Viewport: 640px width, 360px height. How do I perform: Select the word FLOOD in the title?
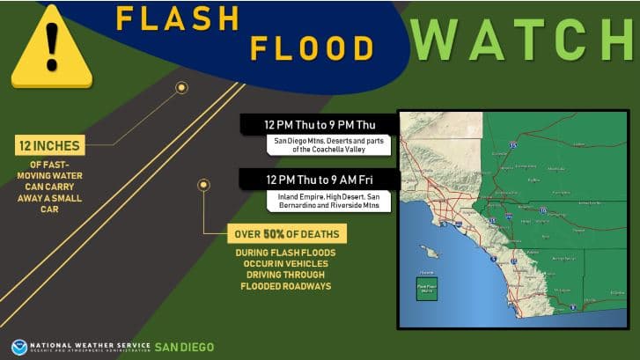[x=305, y=48]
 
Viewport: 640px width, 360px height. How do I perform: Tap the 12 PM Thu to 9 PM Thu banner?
[x=320, y=125]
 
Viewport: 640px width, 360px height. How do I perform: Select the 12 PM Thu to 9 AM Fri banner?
[x=320, y=180]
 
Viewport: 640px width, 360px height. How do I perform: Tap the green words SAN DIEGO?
[x=184, y=347]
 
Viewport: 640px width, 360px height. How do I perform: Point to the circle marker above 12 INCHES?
[x=181, y=88]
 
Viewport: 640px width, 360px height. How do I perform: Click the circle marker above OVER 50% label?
[x=203, y=185]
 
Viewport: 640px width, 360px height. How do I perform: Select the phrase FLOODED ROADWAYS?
[x=285, y=285]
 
